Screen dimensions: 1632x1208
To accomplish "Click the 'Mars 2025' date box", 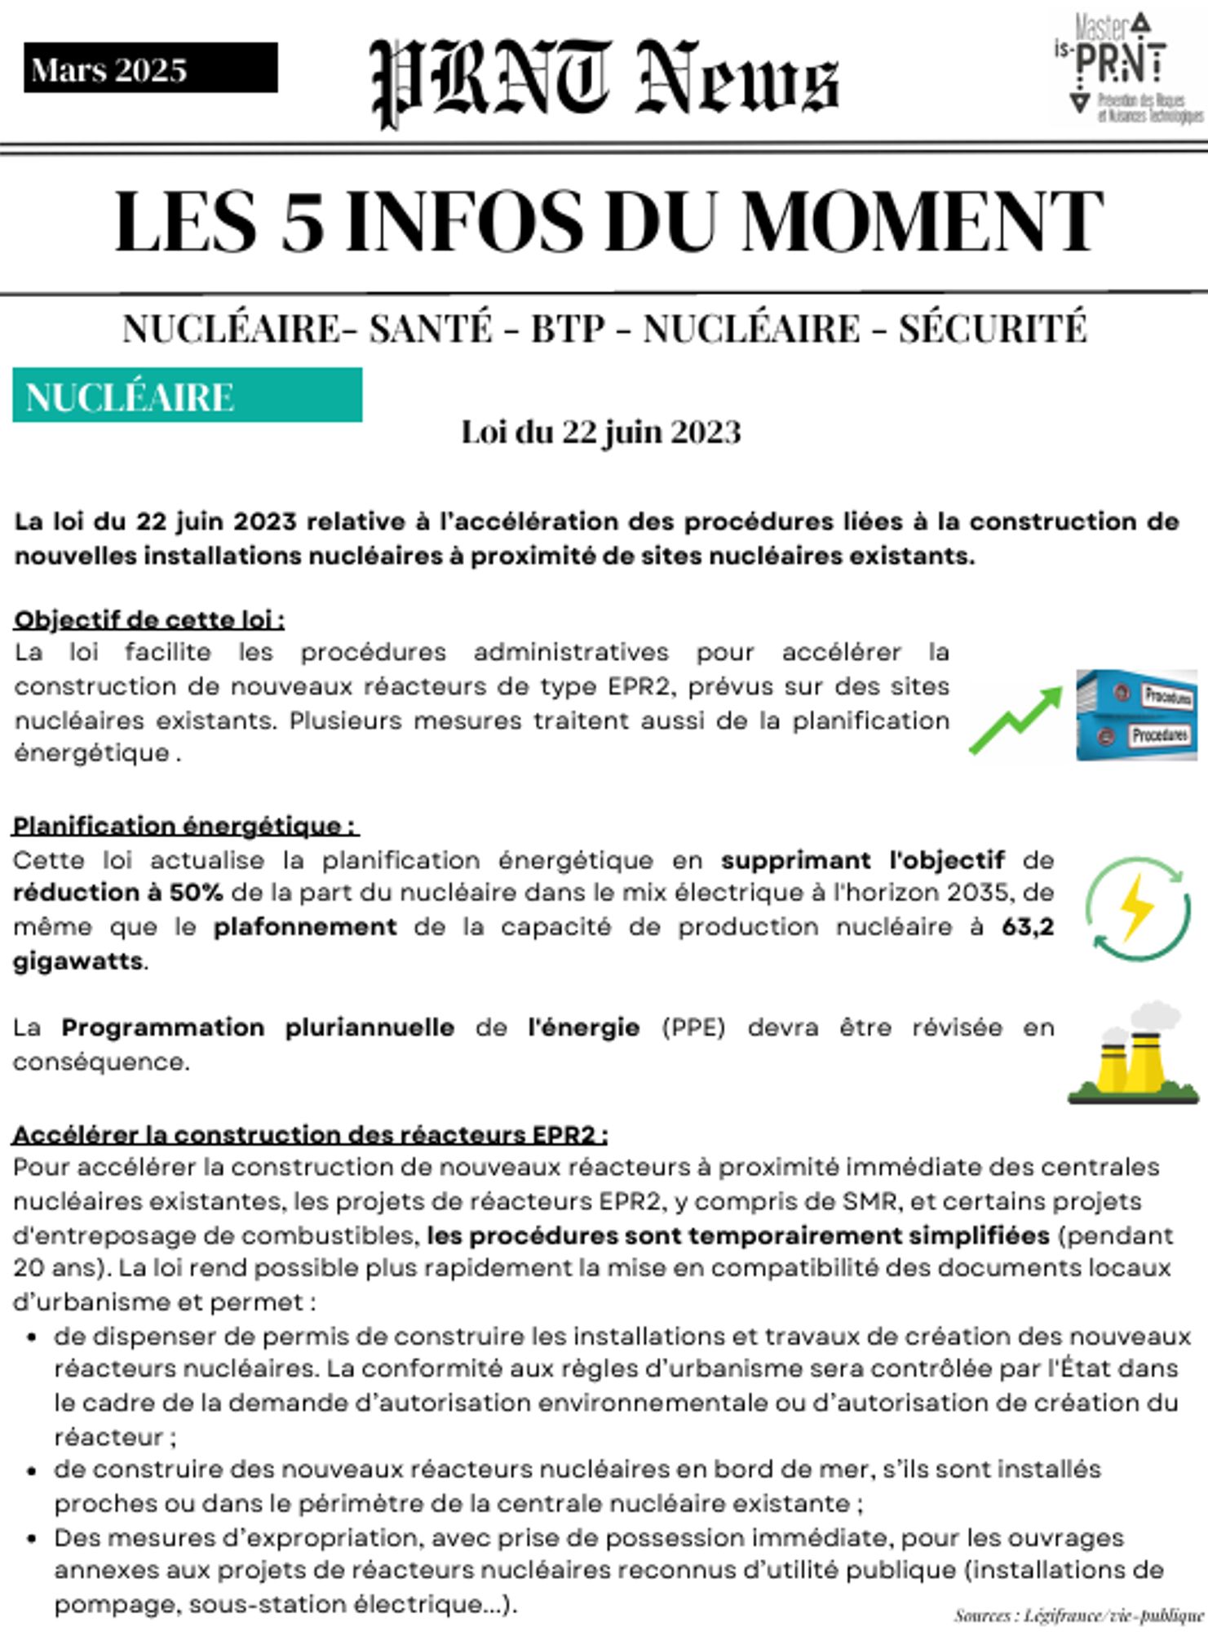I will (x=150, y=69).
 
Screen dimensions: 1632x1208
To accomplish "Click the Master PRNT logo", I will (x=1126, y=69).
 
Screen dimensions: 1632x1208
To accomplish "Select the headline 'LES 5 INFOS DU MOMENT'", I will (x=608, y=222).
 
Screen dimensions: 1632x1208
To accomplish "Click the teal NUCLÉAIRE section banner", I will (x=187, y=396).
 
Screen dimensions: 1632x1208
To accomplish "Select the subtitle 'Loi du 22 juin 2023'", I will (x=601, y=432).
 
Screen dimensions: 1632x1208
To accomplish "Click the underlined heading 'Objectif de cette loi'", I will (x=148, y=619).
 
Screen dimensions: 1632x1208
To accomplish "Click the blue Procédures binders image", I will (x=1136, y=715).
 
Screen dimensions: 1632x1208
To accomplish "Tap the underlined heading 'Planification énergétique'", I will (x=185, y=826).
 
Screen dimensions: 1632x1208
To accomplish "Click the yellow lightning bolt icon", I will (x=1137, y=907).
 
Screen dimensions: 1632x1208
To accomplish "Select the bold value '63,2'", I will (x=1027, y=927).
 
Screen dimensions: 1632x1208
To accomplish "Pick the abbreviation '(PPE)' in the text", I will (x=692, y=1027).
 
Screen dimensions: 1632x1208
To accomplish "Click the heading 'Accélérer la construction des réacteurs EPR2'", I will (x=310, y=1134).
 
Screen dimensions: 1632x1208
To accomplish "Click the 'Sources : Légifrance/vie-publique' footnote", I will (x=1077, y=1615).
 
